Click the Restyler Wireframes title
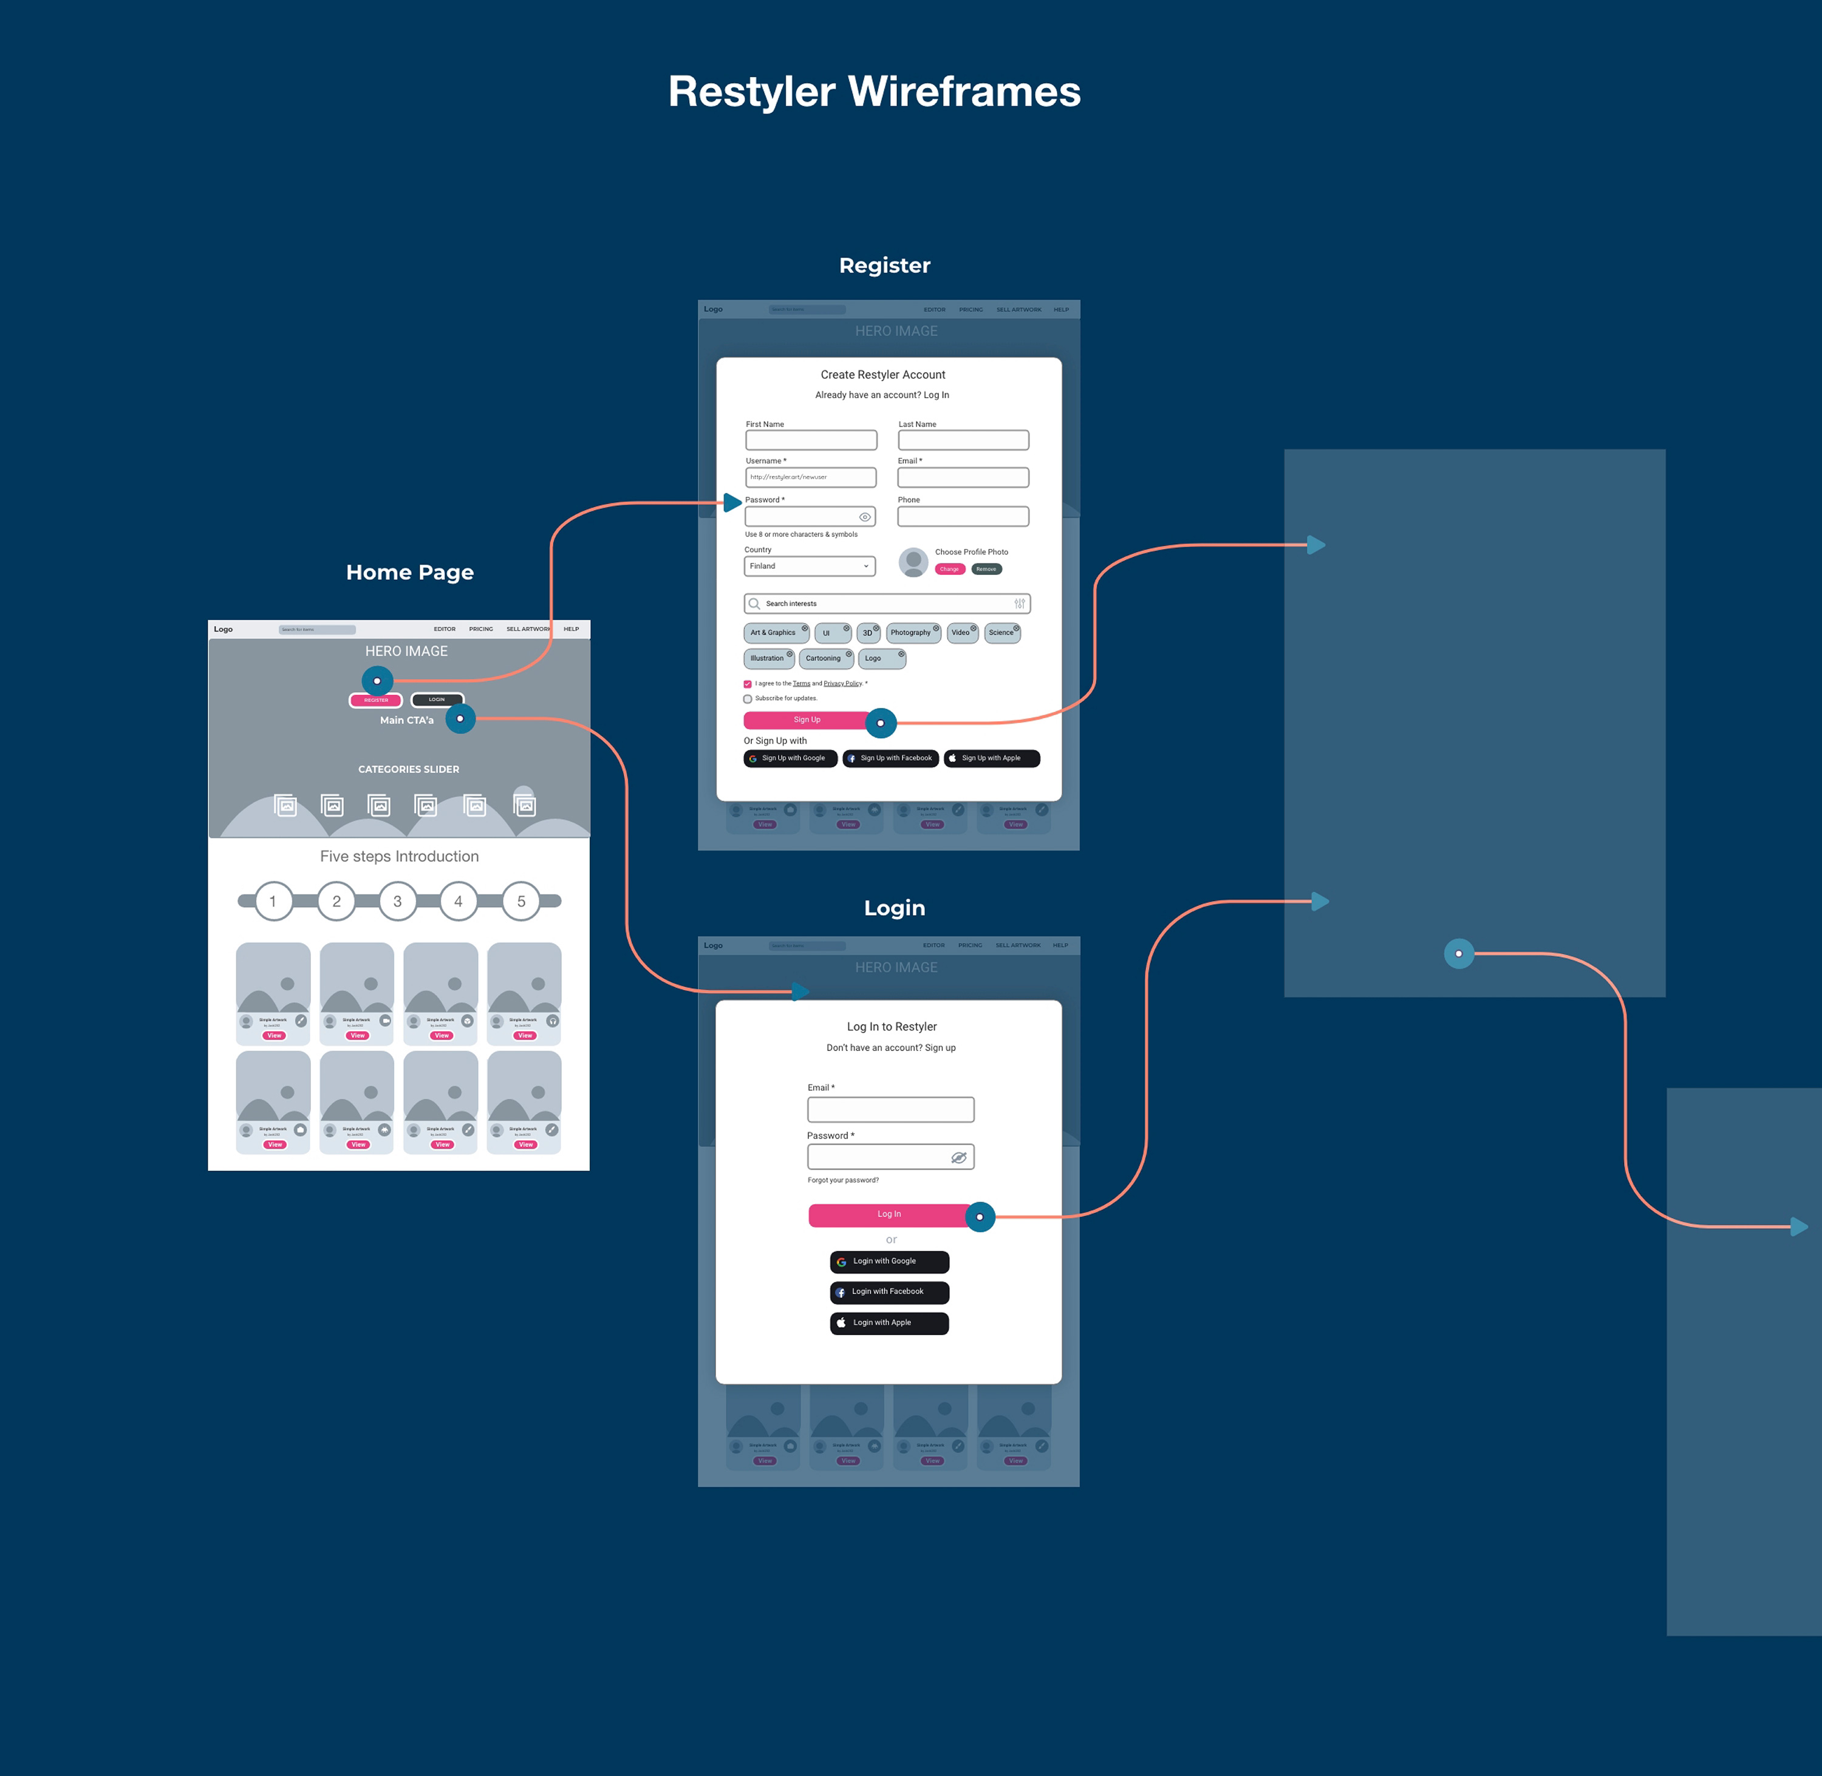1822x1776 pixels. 874,92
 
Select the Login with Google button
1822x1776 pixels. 889,1261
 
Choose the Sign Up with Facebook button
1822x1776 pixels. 890,758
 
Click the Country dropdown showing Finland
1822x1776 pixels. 809,566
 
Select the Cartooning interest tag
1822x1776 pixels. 824,659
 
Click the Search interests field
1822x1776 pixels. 886,604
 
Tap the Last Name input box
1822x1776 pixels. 963,440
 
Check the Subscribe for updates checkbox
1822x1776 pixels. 747,699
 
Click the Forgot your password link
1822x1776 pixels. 842,1180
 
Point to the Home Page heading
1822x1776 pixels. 409,573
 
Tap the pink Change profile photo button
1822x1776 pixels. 949,569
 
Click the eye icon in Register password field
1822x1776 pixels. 865,517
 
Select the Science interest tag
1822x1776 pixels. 1001,633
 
